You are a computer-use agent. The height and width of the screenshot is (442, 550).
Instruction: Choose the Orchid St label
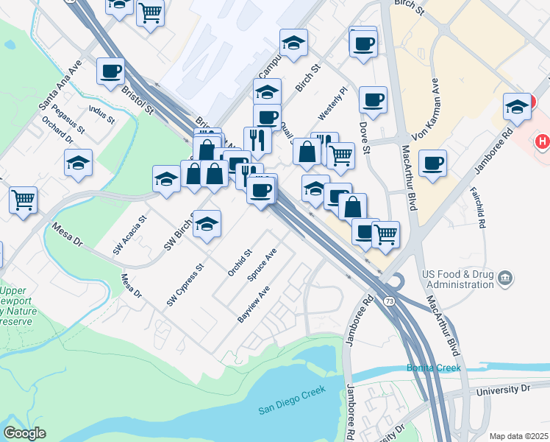pos(240,262)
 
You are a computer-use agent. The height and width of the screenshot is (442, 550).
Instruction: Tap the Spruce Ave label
pos(265,267)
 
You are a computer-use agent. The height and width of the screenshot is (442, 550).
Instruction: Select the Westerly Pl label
pos(332,105)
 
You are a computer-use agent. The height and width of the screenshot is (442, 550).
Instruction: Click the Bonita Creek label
pos(434,368)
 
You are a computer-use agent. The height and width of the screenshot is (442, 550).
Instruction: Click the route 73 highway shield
pos(388,302)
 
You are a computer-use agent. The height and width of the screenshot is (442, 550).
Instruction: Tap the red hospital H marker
pos(543,141)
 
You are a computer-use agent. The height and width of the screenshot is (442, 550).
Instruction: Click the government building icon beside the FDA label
pos(505,278)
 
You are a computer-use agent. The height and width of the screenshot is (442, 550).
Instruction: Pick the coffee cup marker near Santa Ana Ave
pos(110,71)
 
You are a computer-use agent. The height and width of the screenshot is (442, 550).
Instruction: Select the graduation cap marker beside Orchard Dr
pos(79,164)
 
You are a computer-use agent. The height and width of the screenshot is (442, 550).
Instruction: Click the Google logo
pos(25,433)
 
